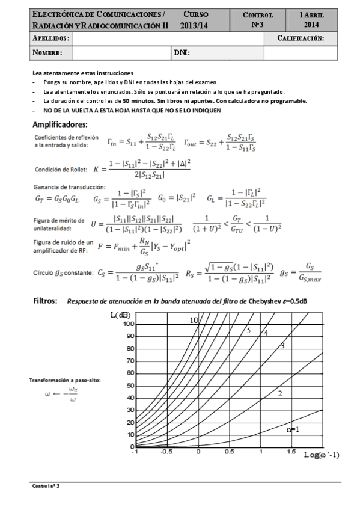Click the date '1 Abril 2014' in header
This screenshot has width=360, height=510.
click(x=312, y=19)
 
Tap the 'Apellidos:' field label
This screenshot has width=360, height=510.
click(x=50, y=38)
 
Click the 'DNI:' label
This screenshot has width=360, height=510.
click(x=182, y=53)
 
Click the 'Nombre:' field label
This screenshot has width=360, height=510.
click(x=47, y=53)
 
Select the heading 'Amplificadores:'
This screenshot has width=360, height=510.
click(x=60, y=124)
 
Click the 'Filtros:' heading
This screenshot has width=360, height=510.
click(x=46, y=300)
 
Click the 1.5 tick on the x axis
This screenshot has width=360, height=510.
click(x=291, y=451)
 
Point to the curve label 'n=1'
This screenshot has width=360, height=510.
click(x=293, y=429)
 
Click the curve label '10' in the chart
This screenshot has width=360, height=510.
click(x=194, y=321)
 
